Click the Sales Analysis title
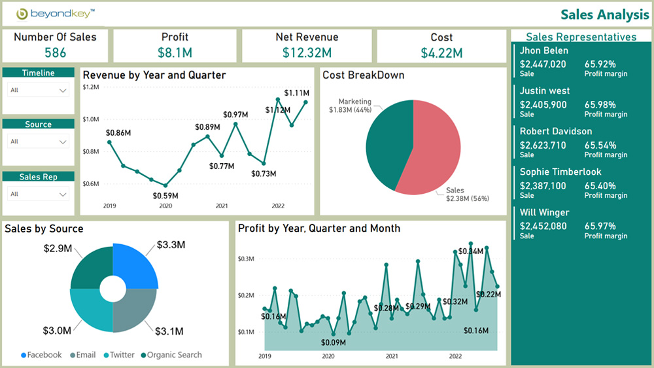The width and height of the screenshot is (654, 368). [604, 14]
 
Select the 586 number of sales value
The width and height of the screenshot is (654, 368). [55, 53]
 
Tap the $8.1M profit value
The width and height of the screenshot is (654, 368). [175, 53]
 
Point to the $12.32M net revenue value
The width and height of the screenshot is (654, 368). [307, 53]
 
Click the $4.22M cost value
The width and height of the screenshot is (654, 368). [441, 53]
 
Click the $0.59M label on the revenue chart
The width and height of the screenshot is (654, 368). [165, 196]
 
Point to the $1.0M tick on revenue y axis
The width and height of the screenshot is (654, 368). [90, 119]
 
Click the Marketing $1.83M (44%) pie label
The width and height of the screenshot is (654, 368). [350, 106]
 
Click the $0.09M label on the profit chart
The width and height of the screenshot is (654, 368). [334, 342]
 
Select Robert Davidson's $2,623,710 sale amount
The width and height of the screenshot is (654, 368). [543, 145]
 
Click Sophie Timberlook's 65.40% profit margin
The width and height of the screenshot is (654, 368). [600, 186]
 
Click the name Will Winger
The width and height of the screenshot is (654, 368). [544, 212]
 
